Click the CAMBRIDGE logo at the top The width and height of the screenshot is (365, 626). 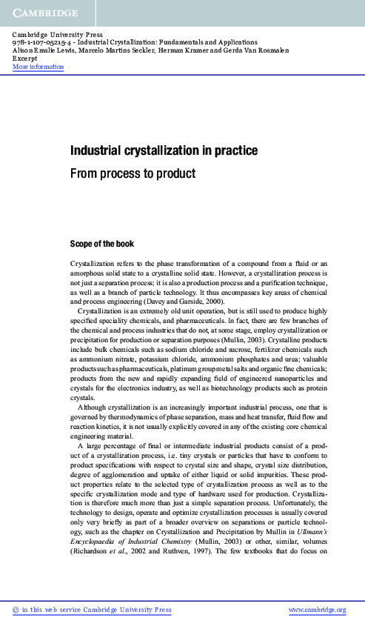[x=44, y=13]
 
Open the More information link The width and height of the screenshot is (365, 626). [x=38, y=67]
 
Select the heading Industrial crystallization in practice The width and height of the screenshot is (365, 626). [x=164, y=151]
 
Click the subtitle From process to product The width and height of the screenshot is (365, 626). [x=133, y=174]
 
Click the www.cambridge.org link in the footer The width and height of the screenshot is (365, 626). [x=317, y=610]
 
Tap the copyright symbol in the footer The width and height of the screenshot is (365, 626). [x=16, y=610]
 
